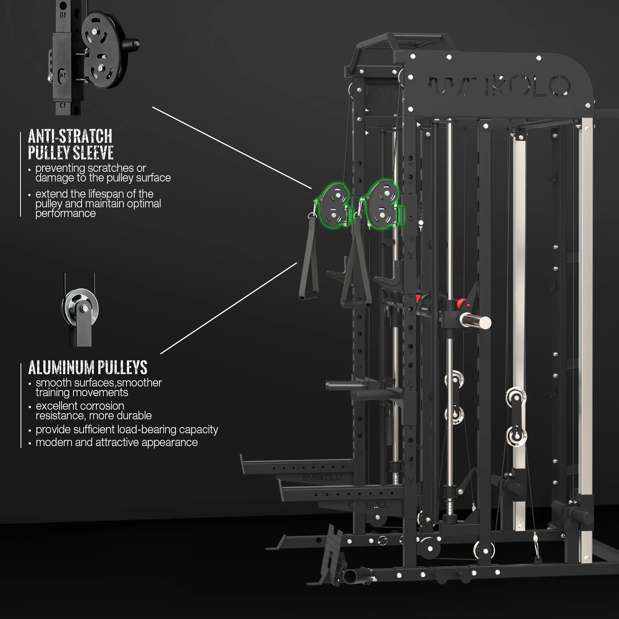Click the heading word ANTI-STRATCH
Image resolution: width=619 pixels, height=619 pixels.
point(70,137)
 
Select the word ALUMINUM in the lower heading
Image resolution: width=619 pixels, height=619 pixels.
point(61,368)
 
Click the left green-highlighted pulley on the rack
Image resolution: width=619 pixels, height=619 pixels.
point(333,206)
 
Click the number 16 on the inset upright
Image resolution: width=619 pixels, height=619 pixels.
point(62,15)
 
